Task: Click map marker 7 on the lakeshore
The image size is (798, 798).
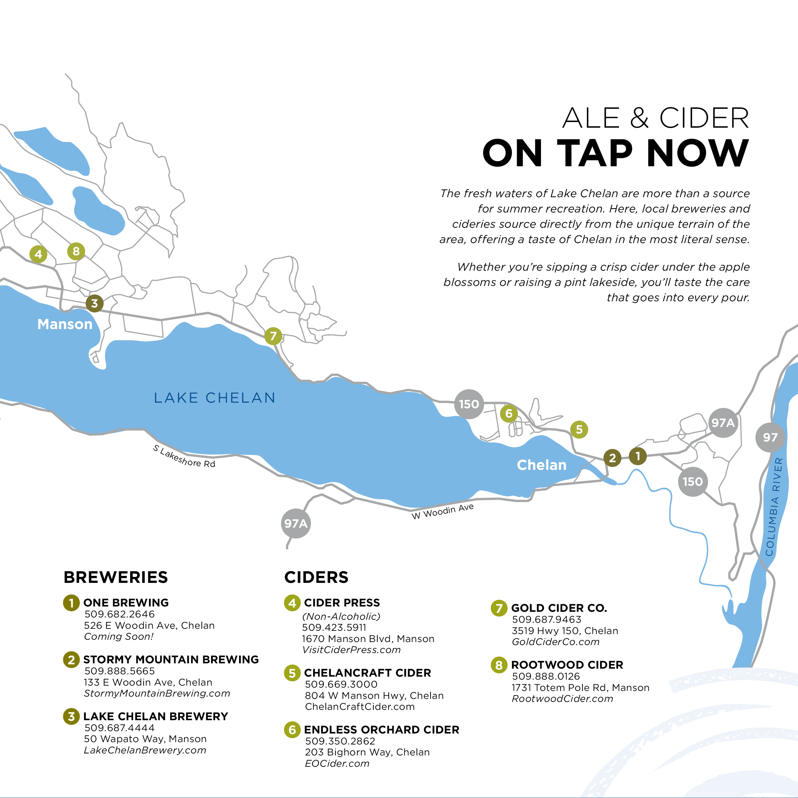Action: [x=273, y=336]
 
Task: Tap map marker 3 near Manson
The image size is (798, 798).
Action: [x=94, y=303]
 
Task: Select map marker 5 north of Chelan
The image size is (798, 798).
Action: [x=579, y=430]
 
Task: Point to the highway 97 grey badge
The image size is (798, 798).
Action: [x=770, y=438]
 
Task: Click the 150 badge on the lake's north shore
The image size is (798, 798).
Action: [x=469, y=404]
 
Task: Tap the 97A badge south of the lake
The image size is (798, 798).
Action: [x=296, y=523]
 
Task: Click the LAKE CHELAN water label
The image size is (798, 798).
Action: [x=214, y=398]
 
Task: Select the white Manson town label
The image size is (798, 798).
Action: [x=65, y=324]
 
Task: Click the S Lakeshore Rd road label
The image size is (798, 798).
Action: [x=184, y=457]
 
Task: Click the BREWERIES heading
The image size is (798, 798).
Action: [x=116, y=577]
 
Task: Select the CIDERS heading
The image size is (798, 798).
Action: [x=317, y=577]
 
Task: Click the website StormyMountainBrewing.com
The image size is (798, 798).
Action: [x=157, y=694]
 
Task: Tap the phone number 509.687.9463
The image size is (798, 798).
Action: [x=546, y=619]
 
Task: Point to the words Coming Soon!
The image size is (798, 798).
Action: [x=119, y=636]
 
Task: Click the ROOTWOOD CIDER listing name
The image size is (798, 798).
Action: [x=567, y=665]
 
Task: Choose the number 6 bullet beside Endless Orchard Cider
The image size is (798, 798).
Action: [x=292, y=730]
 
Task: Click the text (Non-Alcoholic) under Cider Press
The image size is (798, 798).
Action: [x=341, y=616]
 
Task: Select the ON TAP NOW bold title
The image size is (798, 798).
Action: [x=615, y=153]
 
